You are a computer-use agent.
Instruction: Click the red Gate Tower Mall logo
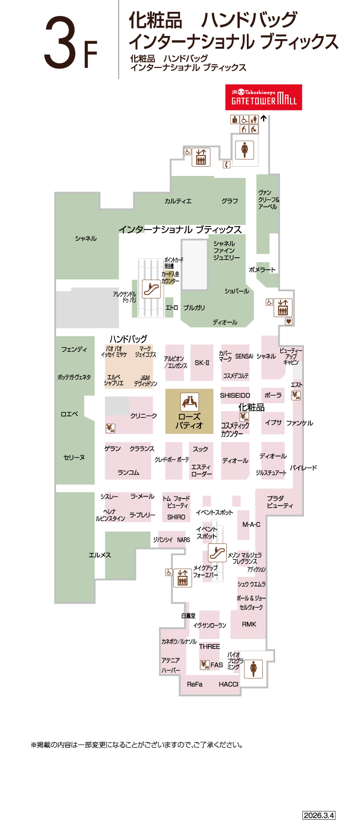coord(263,97)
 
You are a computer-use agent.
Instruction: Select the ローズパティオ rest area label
coord(189,421)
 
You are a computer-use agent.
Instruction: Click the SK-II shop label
coord(202,363)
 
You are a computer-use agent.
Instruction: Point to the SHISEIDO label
coord(235,395)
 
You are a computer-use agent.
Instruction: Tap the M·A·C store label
coord(251,524)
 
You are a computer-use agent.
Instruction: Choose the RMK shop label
coord(249,624)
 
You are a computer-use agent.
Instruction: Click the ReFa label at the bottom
coord(194,684)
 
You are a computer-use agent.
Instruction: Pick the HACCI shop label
coord(228,684)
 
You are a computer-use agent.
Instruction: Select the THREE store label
coord(209,646)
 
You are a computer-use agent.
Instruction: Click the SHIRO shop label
coord(176,517)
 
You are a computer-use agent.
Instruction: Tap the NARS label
coord(184,540)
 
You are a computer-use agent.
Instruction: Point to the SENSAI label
coord(244,356)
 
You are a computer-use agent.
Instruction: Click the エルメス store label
coord(100,555)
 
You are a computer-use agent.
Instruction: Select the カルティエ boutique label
coord(178,201)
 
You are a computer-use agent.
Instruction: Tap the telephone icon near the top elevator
coord(226,165)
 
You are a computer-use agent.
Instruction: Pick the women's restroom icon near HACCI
coord(253,669)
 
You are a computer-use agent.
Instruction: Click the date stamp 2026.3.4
coord(319,815)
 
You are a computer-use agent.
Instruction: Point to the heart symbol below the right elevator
coord(289,321)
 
